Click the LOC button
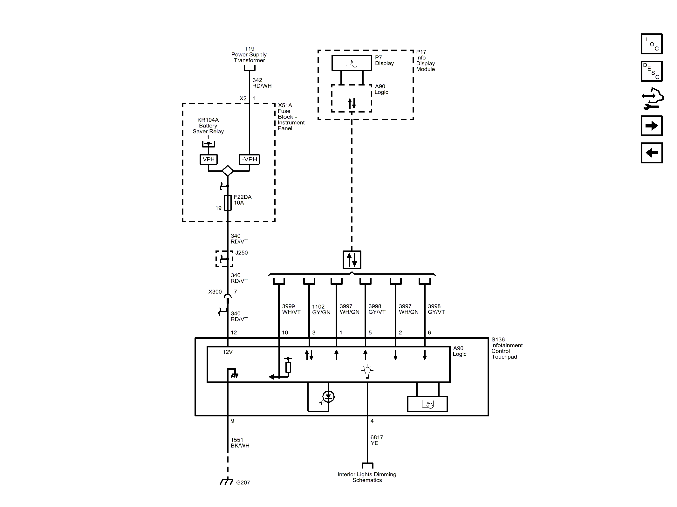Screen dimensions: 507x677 point(651,44)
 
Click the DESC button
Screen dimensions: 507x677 point(651,71)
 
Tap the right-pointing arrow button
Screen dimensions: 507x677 point(651,126)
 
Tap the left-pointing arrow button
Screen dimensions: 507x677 point(651,153)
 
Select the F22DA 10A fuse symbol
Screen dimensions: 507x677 point(228,203)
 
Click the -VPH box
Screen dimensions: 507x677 point(249,159)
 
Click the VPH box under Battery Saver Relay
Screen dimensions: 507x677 point(209,159)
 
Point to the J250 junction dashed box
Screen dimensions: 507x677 point(224,258)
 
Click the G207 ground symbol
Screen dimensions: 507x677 point(226,482)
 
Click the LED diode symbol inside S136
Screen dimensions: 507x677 point(328,397)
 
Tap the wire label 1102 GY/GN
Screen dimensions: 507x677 point(321,309)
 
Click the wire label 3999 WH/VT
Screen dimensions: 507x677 point(291,309)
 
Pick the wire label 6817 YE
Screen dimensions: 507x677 point(377,440)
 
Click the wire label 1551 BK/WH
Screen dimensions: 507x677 point(240,442)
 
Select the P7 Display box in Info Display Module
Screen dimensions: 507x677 point(352,63)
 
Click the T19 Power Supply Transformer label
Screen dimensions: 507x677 point(249,54)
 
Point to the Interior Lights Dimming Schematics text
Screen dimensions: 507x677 point(367,477)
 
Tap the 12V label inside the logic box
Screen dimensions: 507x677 point(228,352)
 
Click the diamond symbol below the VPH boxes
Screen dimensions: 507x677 point(228,171)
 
